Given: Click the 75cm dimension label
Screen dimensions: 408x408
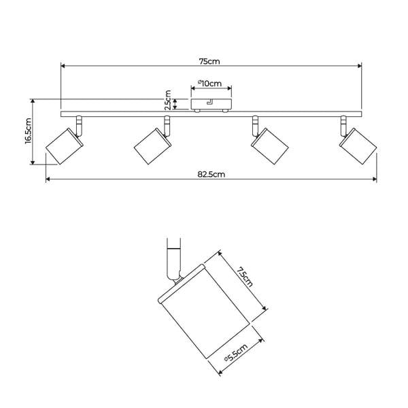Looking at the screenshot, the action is coord(209,61).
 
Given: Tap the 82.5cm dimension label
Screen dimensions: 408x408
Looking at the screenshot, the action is coord(211,174).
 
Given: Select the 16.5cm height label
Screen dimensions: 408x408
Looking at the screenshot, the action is coord(28,131).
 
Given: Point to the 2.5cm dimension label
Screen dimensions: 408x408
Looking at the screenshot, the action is coord(169,100).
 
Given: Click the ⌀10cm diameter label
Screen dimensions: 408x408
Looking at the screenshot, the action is coord(209,83).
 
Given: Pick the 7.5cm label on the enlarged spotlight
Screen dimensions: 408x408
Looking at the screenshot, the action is coord(244,277).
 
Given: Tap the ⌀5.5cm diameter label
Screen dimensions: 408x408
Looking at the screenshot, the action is coord(236,352).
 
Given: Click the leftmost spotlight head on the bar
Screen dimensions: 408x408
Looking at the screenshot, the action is coord(65,146).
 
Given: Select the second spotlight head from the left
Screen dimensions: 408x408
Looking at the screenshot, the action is coord(153,146).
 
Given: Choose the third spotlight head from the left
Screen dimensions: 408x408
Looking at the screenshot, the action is coord(269,146).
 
